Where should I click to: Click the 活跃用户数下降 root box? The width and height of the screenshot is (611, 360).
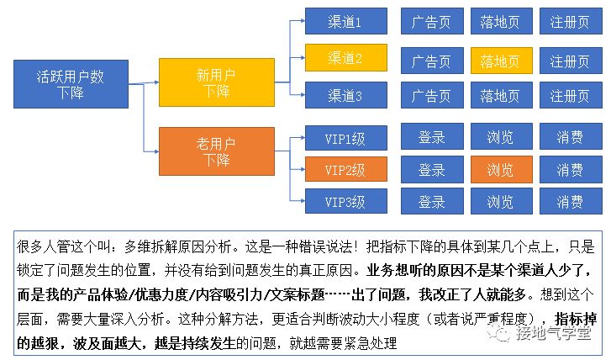(x=71, y=83)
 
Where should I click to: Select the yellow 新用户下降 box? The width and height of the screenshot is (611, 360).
(x=217, y=82)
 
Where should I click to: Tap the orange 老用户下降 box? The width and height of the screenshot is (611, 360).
(x=217, y=151)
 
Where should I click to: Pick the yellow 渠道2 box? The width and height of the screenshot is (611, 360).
(x=345, y=59)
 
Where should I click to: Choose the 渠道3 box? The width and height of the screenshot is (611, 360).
(x=345, y=96)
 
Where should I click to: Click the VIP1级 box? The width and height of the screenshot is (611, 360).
(x=345, y=136)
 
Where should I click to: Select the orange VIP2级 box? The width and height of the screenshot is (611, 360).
(x=345, y=169)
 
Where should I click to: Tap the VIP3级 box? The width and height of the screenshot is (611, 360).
(x=345, y=202)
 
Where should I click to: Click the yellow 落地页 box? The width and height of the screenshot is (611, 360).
(x=500, y=61)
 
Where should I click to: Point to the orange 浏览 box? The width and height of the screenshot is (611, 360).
(x=500, y=169)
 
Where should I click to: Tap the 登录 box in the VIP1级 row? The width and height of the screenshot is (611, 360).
(x=431, y=136)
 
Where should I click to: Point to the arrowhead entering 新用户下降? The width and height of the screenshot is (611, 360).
(x=155, y=82)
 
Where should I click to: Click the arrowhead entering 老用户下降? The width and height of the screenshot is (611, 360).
(x=155, y=151)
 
